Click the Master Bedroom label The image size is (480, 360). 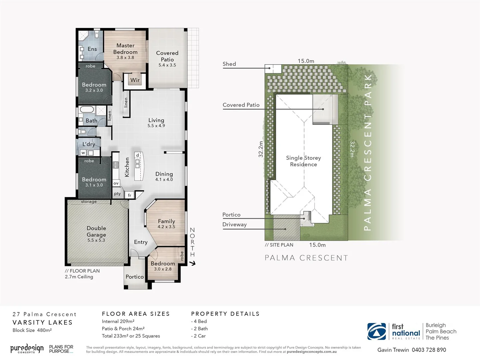125,49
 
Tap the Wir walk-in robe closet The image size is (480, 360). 135,80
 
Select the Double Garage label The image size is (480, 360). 96,231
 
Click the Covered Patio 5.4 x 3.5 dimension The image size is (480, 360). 167,65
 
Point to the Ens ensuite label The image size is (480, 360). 92,49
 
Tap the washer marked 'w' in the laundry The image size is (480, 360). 83,153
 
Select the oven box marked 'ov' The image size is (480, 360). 116,183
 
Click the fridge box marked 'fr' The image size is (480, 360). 130,195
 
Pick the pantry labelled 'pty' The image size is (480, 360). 117,194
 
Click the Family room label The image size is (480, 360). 166,221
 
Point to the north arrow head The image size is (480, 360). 193,263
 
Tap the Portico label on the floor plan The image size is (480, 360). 135,277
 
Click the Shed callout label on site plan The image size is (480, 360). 229,64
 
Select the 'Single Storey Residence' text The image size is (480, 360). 303,161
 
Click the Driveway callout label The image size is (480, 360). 235,225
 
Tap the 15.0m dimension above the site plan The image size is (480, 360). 306,61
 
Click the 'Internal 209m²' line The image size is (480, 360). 118,321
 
